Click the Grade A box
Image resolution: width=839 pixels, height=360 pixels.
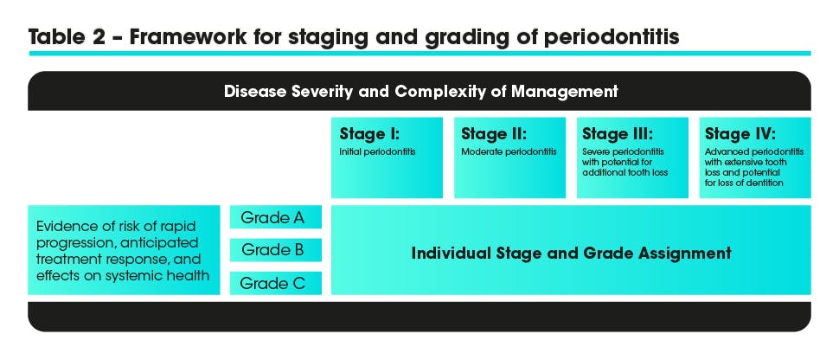(276, 217)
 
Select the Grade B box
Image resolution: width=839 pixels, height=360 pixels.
(276, 250)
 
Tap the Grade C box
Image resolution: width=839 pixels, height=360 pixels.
(276, 283)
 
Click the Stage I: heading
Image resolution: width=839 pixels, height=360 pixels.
(369, 134)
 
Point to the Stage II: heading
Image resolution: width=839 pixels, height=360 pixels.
(494, 134)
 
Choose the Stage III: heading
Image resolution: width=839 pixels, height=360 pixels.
(618, 134)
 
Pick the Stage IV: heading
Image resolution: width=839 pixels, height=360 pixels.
(740, 134)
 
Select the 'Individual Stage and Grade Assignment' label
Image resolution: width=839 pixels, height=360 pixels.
(571, 254)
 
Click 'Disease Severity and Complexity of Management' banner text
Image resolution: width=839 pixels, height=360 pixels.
(420, 91)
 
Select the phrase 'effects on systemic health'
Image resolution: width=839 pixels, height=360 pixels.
(122, 276)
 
